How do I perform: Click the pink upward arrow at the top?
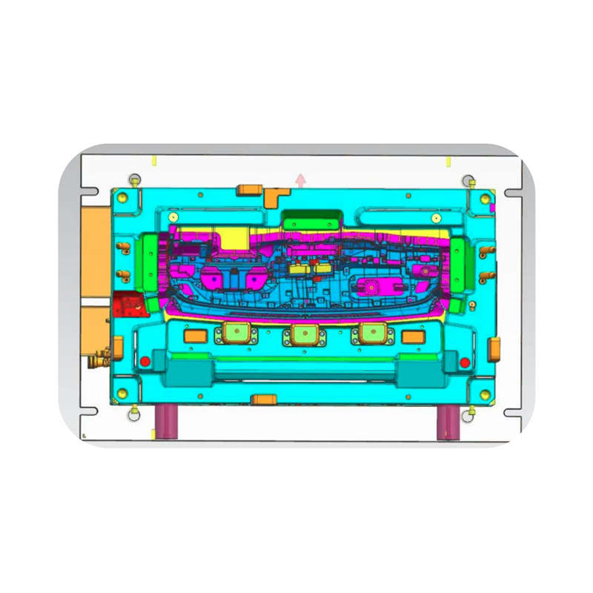pos(300,179)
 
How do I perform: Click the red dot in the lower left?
pos(145,361)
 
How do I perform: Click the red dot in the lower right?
pos(465,362)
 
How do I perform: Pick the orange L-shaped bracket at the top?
pos(275,196)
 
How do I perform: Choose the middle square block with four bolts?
pos(304,334)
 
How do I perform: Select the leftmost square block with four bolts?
pos(236,333)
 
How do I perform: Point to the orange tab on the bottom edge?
pos(263,400)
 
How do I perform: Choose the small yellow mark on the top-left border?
pos(153,159)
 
